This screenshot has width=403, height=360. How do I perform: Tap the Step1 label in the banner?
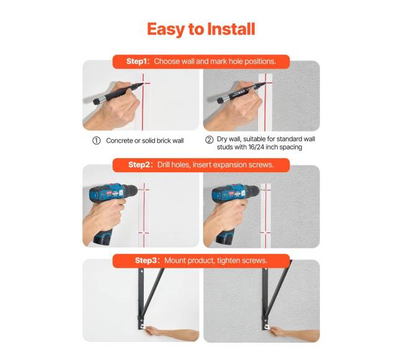(138, 61)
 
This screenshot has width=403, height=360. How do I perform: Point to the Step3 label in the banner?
(146, 260)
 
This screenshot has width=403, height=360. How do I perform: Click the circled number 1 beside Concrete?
(96, 141)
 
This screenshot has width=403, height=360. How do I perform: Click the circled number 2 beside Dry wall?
(209, 139)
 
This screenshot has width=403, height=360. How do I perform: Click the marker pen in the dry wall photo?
(238, 93)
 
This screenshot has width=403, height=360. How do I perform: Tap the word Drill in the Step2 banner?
(164, 165)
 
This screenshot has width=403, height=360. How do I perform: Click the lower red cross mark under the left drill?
(144, 233)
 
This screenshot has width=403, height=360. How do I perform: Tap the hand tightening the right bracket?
(278, 331)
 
